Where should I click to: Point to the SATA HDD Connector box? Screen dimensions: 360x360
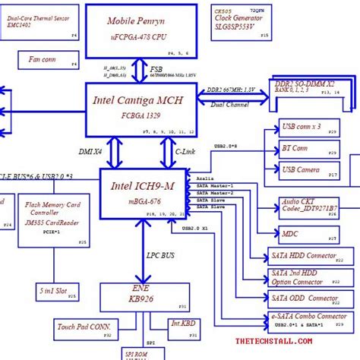[310, 256]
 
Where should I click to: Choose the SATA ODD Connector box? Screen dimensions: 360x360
[310, 298]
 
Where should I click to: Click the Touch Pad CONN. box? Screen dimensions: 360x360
[84, 328]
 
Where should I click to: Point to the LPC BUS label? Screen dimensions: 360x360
[160, 257]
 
